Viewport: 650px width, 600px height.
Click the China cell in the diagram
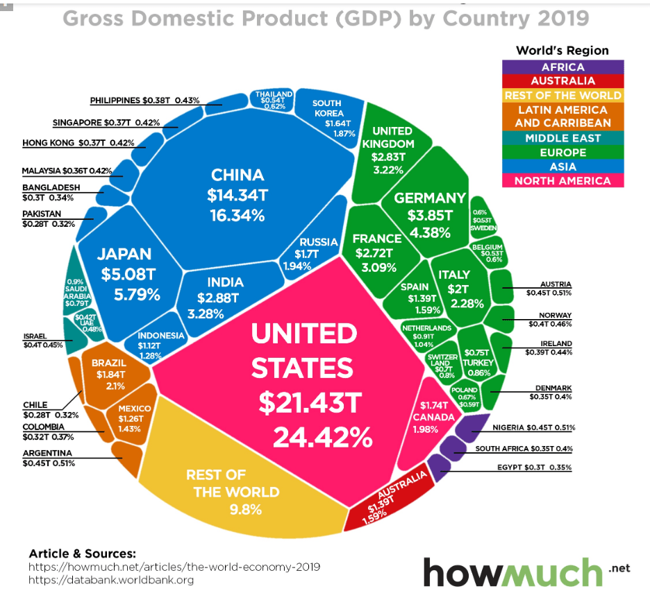237,194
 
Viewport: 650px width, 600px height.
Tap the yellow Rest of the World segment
236,492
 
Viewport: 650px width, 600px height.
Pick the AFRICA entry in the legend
563,67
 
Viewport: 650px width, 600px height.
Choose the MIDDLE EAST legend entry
563,138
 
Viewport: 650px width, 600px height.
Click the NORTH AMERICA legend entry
563,181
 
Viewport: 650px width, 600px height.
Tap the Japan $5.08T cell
124,274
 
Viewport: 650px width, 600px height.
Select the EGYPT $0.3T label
534,468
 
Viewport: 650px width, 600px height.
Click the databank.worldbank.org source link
111,580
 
